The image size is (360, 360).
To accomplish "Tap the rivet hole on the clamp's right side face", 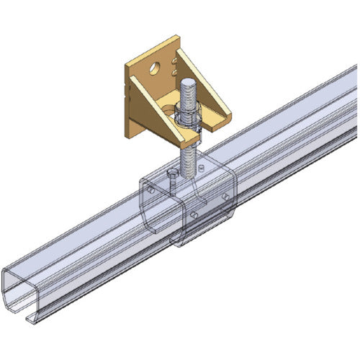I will click(x=225, y=196).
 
